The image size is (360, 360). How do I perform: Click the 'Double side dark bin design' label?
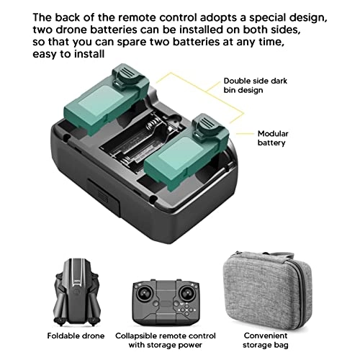coord(255,86)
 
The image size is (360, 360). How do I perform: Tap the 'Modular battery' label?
coord(273,138)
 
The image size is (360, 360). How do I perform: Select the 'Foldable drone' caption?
coord(76,336)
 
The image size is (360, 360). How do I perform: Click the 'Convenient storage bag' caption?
coord(266,340)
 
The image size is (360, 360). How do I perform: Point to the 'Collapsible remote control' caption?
coord(166,336)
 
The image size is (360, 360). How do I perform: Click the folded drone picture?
coord(76,292)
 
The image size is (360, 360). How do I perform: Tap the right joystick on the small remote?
coord(187,293)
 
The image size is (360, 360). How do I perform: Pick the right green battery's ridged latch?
coord(206,126)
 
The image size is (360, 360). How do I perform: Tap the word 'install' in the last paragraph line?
coord(89,54)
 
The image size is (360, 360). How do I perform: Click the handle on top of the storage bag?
coord(264,255)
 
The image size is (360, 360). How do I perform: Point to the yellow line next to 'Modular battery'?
coord(245,134)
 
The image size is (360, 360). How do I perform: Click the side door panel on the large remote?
coord(104,197)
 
